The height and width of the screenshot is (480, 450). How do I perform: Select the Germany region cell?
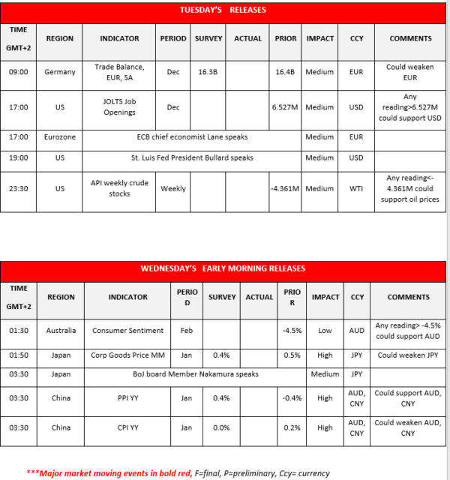(60, 72)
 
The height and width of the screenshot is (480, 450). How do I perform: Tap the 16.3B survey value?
(208, 72)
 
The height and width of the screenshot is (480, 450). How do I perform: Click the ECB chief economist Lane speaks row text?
(193, 137)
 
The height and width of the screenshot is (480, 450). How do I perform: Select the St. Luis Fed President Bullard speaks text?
(193, 158)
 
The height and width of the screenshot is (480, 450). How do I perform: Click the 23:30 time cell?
(19, 189)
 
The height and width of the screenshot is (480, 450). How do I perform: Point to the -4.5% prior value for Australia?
(292, 330)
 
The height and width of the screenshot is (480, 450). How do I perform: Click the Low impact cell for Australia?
(325, 330)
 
